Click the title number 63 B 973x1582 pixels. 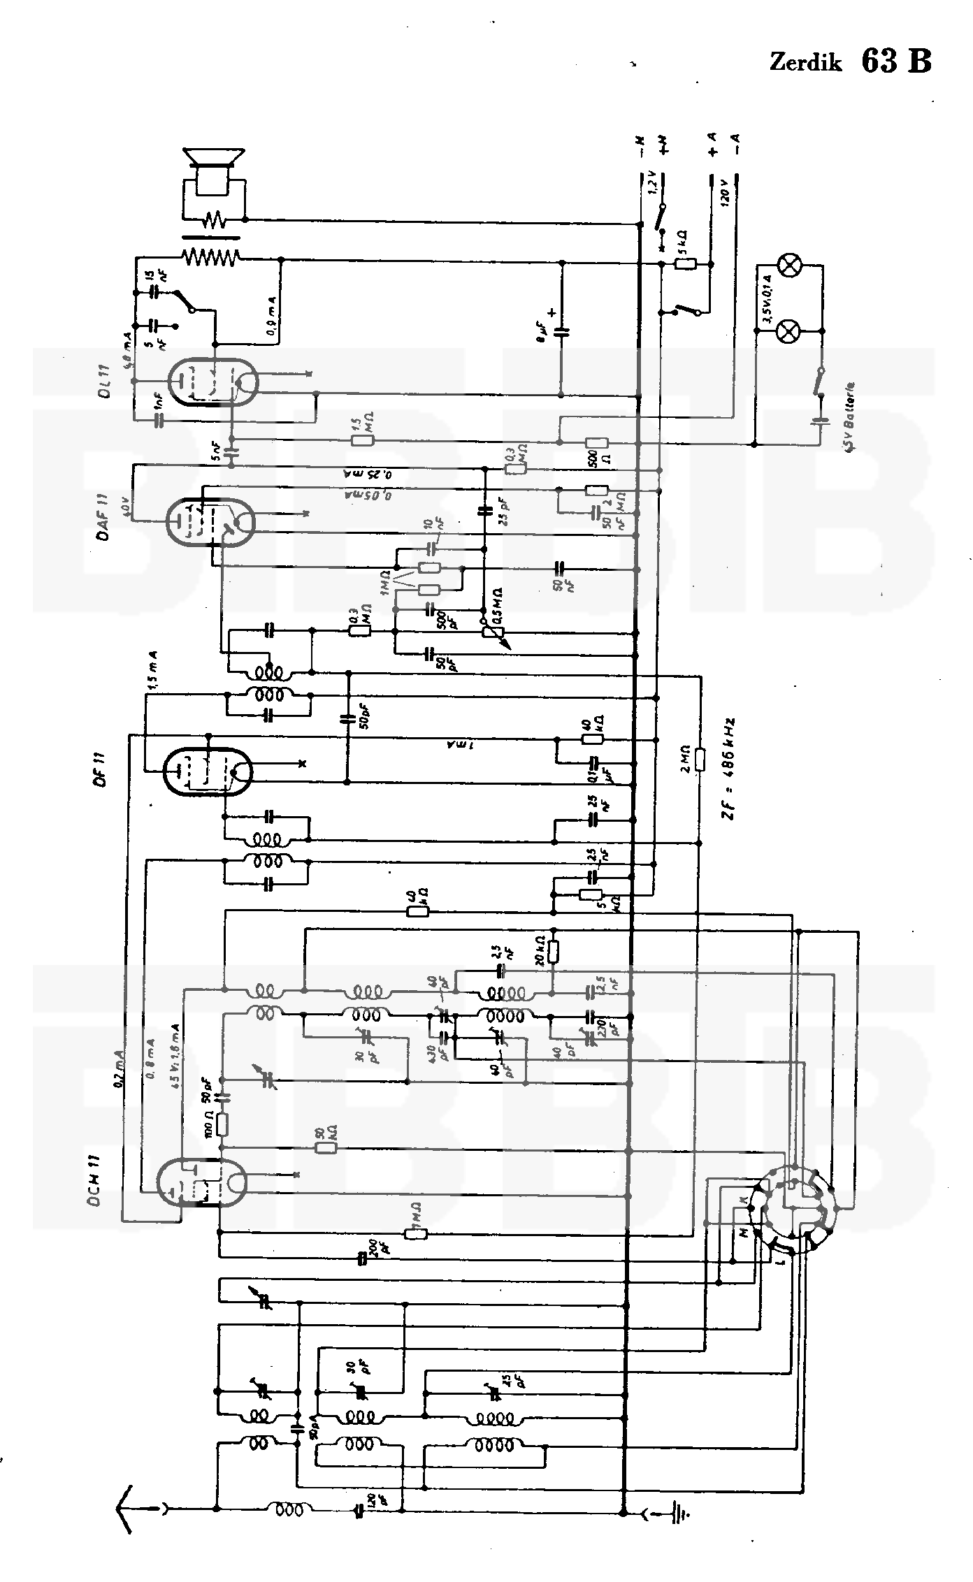[896, 61]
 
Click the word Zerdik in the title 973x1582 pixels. [805, 63]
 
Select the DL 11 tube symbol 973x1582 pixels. [213, 382]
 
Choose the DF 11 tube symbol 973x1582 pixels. [207, 771]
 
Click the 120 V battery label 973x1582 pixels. [725, 189]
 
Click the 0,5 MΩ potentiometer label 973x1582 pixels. [497, 604]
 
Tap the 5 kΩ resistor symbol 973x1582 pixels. [686, 263]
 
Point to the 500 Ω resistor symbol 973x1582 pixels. [596, 442]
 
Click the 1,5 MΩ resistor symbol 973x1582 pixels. [363, 441]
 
